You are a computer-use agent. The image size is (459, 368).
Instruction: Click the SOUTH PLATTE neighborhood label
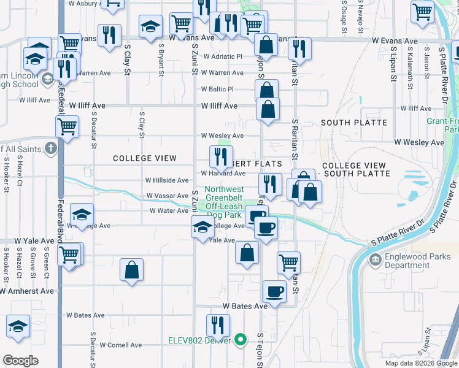(x=353, y=123)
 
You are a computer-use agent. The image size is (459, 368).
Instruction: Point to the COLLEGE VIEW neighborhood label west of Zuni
(x=145, y=158)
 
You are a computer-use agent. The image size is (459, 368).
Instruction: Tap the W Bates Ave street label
(x=245, y=305)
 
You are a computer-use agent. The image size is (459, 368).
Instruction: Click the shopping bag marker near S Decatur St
(x=132, y=270)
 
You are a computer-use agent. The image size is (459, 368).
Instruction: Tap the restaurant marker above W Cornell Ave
(x=218, y=325)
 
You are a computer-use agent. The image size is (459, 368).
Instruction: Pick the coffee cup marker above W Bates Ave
(x=274, y=291)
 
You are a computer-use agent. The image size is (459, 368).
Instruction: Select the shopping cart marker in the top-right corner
(x=423, y=11)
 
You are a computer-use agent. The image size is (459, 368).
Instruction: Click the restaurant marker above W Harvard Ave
(x=221, y=156)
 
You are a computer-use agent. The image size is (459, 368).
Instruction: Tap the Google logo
(x=20, y=361)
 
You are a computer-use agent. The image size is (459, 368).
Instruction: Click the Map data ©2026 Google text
(x=420, y=363)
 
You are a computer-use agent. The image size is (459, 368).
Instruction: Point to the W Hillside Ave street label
(x=166, y=180)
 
